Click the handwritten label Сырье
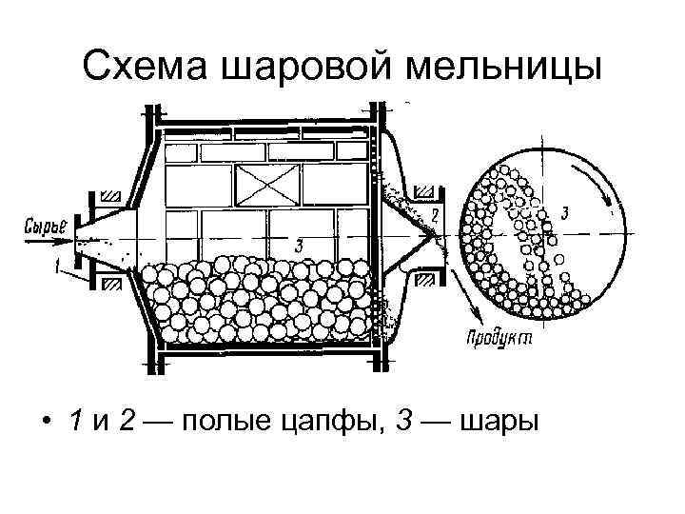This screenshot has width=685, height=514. pos(44,227)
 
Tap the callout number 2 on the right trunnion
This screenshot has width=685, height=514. pos(435,215)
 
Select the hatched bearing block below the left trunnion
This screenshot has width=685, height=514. pos(110,283)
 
